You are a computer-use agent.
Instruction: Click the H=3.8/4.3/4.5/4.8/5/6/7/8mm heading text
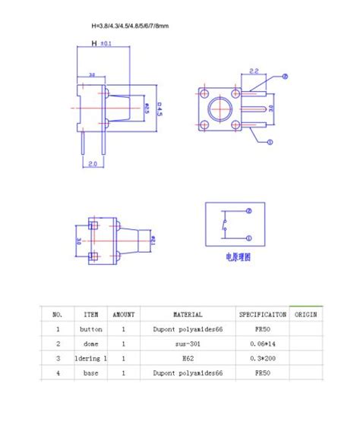[129, 26]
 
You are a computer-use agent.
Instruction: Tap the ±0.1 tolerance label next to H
[106, 44]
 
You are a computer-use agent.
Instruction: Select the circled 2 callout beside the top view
[285, 77]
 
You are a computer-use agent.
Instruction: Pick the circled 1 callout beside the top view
[269, 142]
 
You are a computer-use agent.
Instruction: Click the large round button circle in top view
[219, 108]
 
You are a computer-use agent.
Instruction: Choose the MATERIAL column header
[188, 314]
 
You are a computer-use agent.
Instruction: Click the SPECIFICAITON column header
[262, 314]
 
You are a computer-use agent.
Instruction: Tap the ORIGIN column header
[306, 314]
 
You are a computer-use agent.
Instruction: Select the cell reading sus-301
[188, 344]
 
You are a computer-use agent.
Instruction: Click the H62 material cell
[188, 358]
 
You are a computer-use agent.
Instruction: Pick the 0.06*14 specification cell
[262, 344]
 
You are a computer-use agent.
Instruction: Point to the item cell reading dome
[90, 344]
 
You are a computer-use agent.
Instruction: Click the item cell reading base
[90, 373]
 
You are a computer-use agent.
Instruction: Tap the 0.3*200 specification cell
[262, 358]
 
